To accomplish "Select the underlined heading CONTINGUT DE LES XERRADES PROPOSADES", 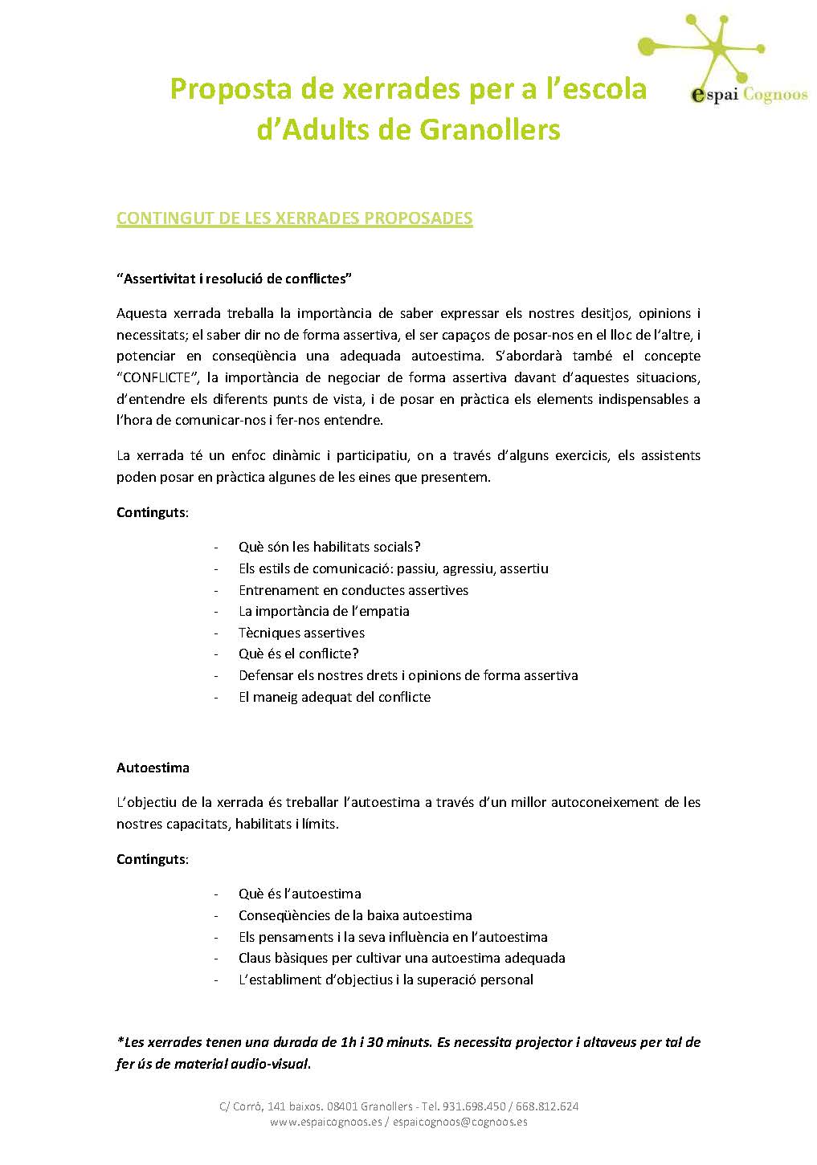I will (x=294, y=218).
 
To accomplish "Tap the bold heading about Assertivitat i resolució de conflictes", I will (x=235, y=279).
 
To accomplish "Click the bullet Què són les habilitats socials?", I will (x=329, y=547).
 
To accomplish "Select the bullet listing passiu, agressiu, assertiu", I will (x=393, y=568).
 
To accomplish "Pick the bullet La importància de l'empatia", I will (x=324, y=611).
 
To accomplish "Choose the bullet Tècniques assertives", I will (x=301, y=633).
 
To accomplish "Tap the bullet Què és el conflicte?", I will (x=298, y=654).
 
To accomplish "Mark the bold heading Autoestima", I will (x=153, y=768).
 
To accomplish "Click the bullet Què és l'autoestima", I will (x=300, y=894).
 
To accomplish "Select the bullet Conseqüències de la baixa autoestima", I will (x=355, y=915).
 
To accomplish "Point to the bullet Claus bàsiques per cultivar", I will (x=402, y=958).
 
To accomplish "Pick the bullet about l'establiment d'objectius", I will (x=386, y=980).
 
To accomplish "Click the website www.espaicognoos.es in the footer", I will (x=325, y=1122).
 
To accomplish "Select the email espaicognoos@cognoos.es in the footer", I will (x=460, y=1122).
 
